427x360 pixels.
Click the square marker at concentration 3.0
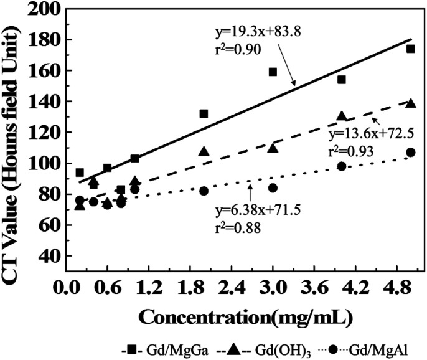pyautogui.click(x=273, y=72)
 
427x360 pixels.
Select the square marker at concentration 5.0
pyautogui.click(x=410, y=49)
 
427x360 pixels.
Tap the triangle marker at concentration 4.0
pyautogui.click(x=341, y=116)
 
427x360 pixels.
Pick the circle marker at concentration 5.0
pyautogui.click(x=410, y=153)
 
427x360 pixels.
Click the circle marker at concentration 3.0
pyautogui.click(x=273, y=187)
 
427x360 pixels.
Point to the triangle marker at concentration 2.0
pyautogui.click(x=204, y=151)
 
